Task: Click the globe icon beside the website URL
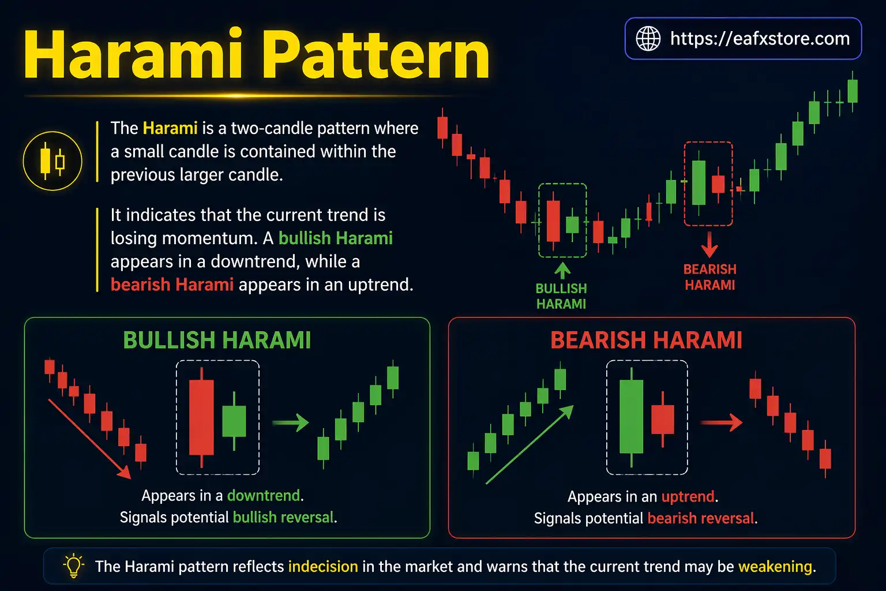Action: [x=648, y=39]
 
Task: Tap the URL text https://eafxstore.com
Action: [x=760, y=39]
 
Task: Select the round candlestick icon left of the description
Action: [x=52, y=161]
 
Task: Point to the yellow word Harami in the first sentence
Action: [x=170, y=128]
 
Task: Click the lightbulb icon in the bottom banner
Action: [x=73, y=566]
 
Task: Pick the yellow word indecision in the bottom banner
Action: [x=323, y=567]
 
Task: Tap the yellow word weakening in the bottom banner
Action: [x=775, y=567]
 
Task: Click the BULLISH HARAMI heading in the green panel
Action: [x=217, y=341]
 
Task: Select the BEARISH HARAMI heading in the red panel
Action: [x=646, y=341]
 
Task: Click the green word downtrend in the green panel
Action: [x=264, y=496]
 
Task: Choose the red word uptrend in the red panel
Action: [x=688, y=497]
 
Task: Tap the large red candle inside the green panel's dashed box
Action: [x=201, y=417]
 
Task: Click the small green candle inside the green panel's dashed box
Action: [x=234, y=421]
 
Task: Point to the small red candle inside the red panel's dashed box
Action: [x=662, y=420]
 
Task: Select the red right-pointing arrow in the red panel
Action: [x=721, y=422]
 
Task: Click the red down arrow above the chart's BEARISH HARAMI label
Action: [x=709, y=245]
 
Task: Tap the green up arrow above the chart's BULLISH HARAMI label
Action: [x=562, y=271]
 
